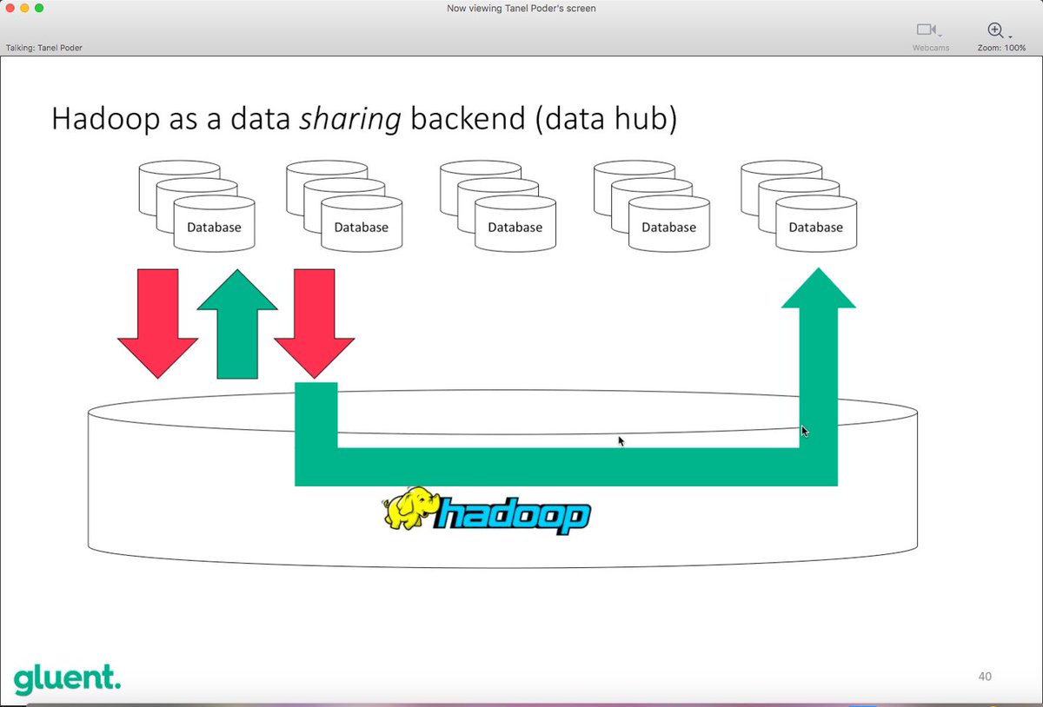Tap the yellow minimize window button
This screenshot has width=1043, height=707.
tap(24, 8)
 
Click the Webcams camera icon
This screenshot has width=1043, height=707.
tap(927, 30)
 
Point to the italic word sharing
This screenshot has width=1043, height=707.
tap(350, 120)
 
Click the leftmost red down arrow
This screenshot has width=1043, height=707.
tap(157, 322)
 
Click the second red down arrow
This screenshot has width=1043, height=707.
tap(315, 322)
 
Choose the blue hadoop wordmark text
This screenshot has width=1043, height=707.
tap(513, 516)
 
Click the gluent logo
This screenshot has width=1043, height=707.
tap(67, 678)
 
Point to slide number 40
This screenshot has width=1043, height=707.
tap(984, 677)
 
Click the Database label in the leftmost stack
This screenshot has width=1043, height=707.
tap(214, 228)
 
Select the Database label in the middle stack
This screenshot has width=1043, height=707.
tap(515, 228)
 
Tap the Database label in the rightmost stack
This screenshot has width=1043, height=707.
tap(815, 228)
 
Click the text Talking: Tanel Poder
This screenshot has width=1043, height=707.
tap(44, 48)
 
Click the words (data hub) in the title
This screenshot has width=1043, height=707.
tap(606, 120)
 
